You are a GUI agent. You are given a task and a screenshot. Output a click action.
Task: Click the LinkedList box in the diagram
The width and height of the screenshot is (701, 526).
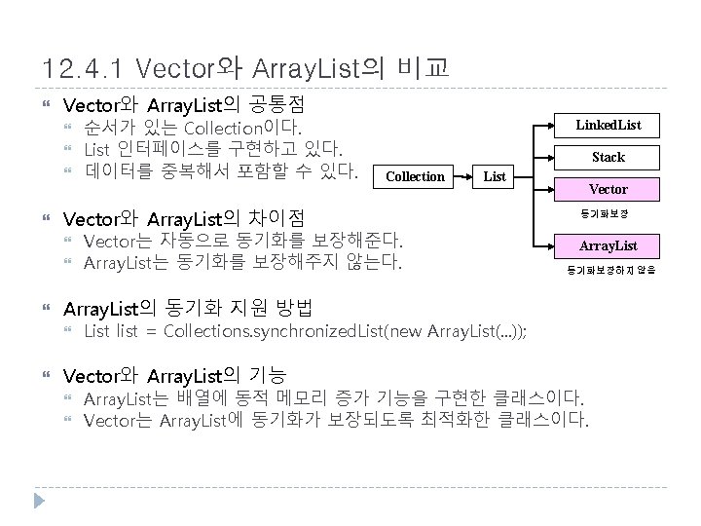click(609, 125)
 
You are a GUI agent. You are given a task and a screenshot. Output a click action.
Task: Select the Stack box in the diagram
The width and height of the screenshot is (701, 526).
click(609, 157)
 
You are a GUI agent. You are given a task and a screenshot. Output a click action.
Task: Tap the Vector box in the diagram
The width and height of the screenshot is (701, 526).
click(609, 189)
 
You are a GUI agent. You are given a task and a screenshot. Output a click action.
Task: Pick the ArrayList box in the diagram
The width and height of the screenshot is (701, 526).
click(609, 245)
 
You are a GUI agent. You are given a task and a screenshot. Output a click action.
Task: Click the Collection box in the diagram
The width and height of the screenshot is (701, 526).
click(415, 176)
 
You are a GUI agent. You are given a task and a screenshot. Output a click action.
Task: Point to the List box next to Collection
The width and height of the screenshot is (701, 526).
click(495, 176)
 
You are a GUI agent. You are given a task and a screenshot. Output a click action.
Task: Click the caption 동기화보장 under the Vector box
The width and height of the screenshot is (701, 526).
click(609, 212)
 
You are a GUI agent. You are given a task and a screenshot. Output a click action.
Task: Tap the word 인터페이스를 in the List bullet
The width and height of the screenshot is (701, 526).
click(162, 150)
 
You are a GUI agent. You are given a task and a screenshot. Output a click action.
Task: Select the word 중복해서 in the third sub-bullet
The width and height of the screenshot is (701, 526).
click(201, 173)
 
